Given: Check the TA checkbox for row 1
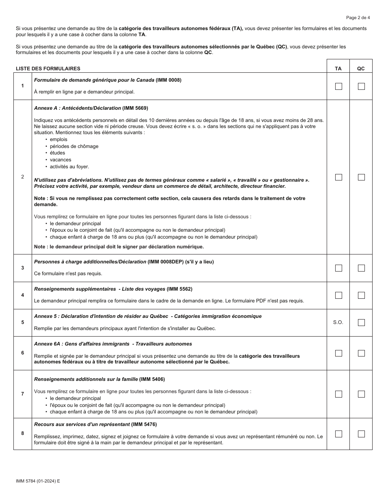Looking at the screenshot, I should click(338, 86).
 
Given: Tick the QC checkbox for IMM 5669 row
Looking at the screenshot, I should click(361, 177).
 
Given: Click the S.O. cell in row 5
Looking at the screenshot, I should click(338, 322).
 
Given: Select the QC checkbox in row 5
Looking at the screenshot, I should click(361, 322).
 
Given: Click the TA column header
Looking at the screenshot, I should click(338, 69).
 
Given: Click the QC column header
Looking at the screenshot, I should click(361, 69).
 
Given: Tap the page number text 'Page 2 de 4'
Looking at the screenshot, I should click(358, 17).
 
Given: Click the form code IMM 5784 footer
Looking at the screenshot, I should click(38, 481).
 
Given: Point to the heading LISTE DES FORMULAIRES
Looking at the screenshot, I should click(48, 69).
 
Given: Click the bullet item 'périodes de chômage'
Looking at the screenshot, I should click(74, 146).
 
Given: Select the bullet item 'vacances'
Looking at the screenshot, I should click(61, 160).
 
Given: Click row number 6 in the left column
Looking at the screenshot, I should click(23, 353).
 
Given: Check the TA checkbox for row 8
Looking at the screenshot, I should click(338, 434).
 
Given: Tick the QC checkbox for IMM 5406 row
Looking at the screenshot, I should click(361, 394).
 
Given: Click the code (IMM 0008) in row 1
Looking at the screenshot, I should click(169, 80).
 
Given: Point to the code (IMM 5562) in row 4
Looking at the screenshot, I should click(180, 289).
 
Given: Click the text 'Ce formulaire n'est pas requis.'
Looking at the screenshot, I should click(68, 274).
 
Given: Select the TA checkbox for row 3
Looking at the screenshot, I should click(338, 268).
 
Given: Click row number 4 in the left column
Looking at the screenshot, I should click(23, 295).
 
